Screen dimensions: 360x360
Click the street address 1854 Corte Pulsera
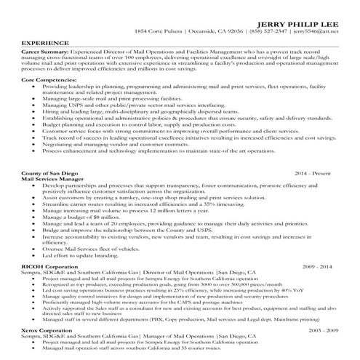160,32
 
